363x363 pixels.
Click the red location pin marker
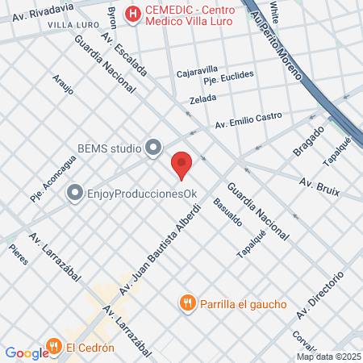(181, 165)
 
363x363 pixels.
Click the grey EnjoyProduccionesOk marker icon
(75, 193)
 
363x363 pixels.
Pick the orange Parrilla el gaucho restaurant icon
(187, 302)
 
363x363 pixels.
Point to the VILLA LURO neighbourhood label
(73, 25)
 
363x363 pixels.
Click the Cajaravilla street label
(198, 71)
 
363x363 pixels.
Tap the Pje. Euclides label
(228, 77)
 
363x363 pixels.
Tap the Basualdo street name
(223, 213)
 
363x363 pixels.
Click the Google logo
(27, 353)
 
